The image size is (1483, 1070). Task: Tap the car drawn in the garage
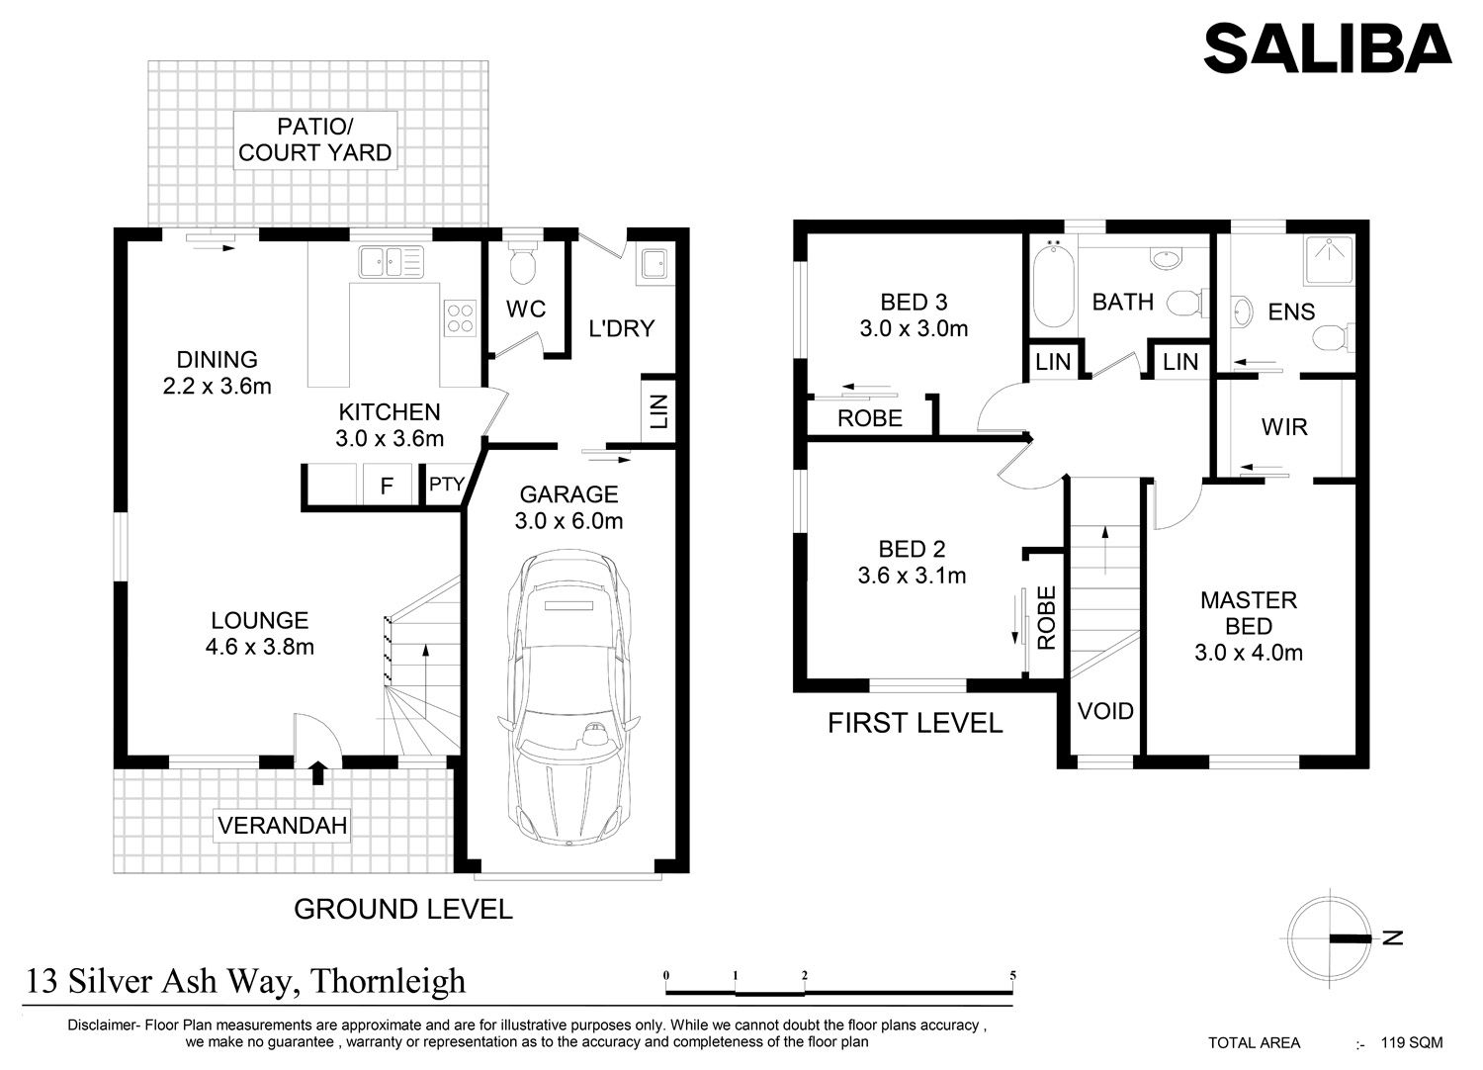568,697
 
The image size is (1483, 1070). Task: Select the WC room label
526,309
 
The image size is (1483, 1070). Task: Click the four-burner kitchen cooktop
460,317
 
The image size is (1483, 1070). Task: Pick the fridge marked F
388,486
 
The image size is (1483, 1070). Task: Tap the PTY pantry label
446,484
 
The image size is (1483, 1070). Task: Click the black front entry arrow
317,772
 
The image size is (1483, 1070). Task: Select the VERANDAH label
282,826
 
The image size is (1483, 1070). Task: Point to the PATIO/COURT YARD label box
315,139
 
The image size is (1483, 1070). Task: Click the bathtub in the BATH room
1053,285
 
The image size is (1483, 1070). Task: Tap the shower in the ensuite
1329,260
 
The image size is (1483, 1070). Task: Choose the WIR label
1284,427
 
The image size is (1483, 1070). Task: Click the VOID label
1105,711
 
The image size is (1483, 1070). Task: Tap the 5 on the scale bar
1013,975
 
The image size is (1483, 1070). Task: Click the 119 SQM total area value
1412,1043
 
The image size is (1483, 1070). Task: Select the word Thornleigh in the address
388,982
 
